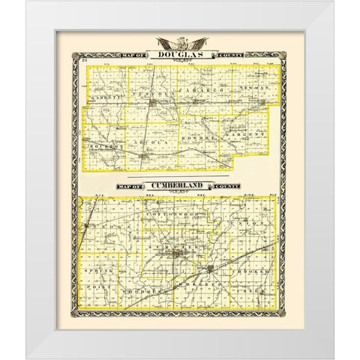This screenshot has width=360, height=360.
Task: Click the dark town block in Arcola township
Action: [142, 155]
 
